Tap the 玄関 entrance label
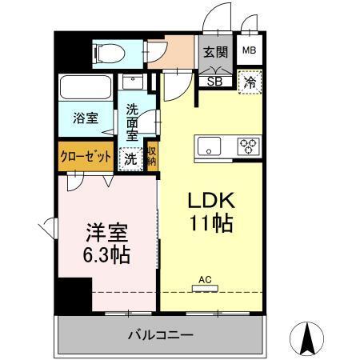[214, 52]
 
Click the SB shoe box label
[214, 80]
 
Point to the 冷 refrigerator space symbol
[250, 81]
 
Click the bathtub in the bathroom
[86, 87]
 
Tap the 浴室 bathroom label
[86, 118]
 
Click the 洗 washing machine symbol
[129, 158]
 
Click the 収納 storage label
[151, 156]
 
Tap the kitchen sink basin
[211, 146]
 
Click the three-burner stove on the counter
[248, 146]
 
